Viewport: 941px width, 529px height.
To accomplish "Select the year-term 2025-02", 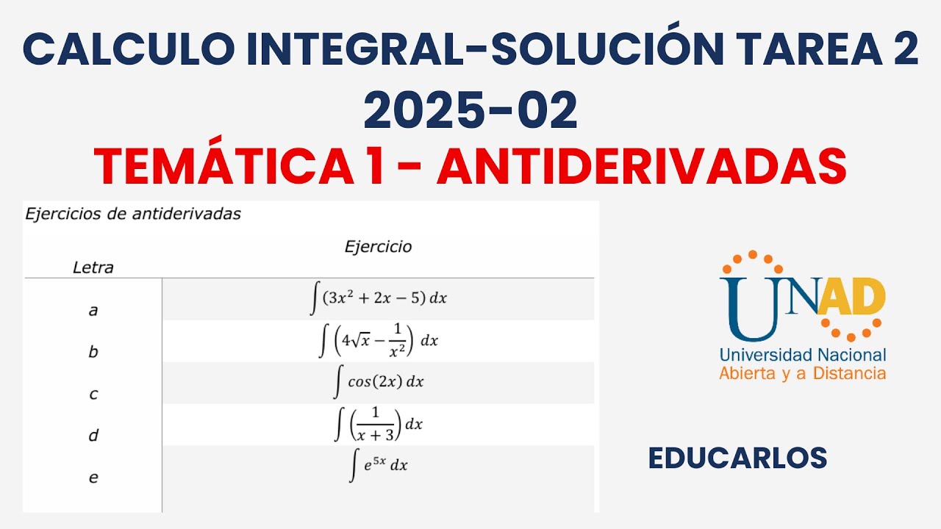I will click(x=470, y=112).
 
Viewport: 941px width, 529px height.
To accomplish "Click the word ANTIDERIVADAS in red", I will click(x=641, y=166).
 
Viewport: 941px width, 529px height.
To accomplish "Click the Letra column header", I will click(x=93, y=268).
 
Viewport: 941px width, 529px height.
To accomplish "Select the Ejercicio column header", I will click(x=378, y=247).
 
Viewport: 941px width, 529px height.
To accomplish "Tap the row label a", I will click(x=93, y=310).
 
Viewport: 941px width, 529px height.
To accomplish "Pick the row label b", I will click(x=93, y=352).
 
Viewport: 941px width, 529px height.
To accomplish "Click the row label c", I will click(x=93, y=394).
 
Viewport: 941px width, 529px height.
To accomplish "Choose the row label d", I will click(x=93, y=436).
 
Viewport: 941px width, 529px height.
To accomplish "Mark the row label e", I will click(x=93, y=478).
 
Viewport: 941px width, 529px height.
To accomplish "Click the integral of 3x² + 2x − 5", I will click(x=379, y=298).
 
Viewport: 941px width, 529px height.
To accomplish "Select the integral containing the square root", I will click(x=379, y=340).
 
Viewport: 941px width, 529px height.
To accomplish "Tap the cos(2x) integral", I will click(x=379, y=382).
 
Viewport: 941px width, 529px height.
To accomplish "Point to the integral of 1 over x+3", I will click(x=379, y=424).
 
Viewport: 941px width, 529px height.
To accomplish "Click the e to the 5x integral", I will click(x=379, y=465).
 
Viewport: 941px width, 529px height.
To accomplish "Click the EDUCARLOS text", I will click(x=737, y=458).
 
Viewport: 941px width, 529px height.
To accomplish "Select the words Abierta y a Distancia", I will click(x=802, y=373).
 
